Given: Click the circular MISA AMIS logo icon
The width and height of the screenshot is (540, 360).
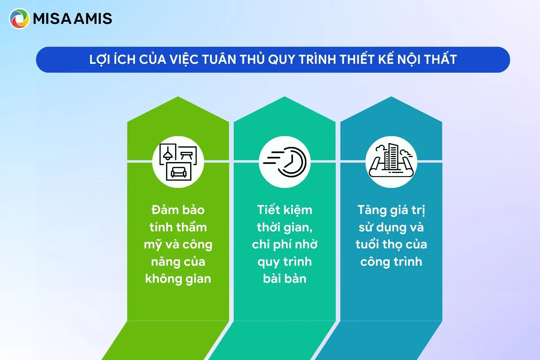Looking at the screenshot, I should pyautogui.click(x=19, y=19).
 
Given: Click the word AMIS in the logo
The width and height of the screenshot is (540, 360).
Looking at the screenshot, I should pyautogui.click(x=93, y=19).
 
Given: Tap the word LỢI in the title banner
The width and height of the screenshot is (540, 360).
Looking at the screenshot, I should pyautogui.click(x=99, y=60).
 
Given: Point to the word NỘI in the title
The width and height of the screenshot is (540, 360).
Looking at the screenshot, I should pyautogui.click(x=409, y=60).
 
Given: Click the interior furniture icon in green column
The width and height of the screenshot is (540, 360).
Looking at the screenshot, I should pyautogui.click(x=178, y=162).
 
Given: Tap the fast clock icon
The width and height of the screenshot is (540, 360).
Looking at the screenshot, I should pyautogui.click(x=285, y=162).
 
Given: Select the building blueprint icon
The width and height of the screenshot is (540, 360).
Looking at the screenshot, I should pyautogui.click(x=391, y=162).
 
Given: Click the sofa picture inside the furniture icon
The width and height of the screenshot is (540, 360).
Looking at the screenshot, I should pyautogui.click(x=179, y=171).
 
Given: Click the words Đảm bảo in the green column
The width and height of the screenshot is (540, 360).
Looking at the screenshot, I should pyautogui.click(x=178, y=210).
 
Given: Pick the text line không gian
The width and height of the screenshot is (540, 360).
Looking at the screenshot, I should pyautogui.click(x=178, y=279).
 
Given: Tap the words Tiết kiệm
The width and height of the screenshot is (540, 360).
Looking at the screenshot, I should pyautogui.click(x=285, y=210).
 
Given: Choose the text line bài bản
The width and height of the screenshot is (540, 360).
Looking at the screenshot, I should pyautogui.click(x=285, y=279).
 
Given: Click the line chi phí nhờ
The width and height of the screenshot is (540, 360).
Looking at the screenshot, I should pyautogui.click(x=285, y=244).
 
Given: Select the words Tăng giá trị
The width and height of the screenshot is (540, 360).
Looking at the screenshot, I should pyautogui.click(x=391, y=210).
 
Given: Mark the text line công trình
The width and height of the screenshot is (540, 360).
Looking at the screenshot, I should pyautogui.click(x=391, y=262).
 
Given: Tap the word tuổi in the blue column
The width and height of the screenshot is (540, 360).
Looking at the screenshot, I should pyautogui.click(x=367, y=244).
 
